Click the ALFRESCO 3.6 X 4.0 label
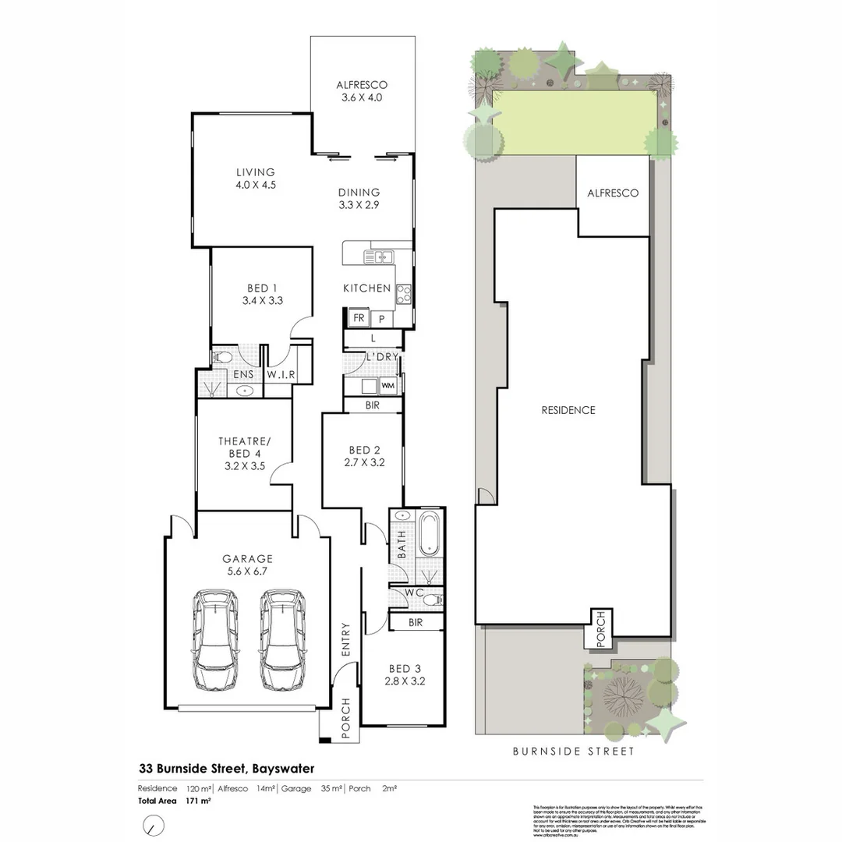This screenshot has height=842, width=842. [x=362, y=91]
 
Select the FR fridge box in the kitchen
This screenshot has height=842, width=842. [x=359, y=318]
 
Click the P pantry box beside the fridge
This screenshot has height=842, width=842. [x=382, y=318]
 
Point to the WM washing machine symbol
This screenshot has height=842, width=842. [x=387, y=386]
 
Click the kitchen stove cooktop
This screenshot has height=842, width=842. [x=405, y=293]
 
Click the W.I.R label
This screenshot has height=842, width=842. [x=281, y=375]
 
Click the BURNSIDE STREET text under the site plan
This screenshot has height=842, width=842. [x=573, y=752]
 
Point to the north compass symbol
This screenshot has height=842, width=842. [x=154, y=824]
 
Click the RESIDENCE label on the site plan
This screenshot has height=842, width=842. [x=568, y=410]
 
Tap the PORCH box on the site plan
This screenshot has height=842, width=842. [x=600, y=628]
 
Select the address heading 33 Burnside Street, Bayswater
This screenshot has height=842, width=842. [x=226, y=768]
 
